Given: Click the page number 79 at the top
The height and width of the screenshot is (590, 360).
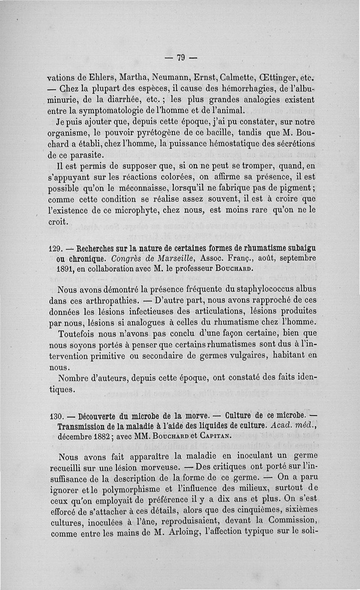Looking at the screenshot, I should pyautogui.click(x=181, y=57).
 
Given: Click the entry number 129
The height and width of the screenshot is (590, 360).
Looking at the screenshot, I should pyautogui.click(x=55, y=247).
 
